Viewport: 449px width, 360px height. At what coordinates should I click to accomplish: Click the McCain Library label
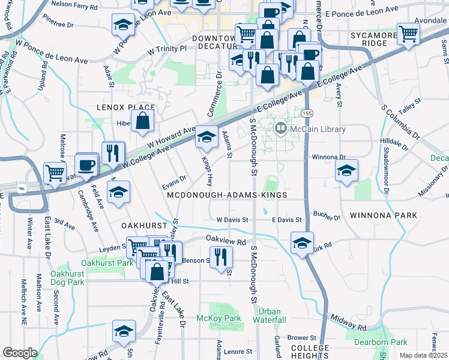[318, 129]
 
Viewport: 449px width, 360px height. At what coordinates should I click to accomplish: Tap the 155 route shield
[307, 113]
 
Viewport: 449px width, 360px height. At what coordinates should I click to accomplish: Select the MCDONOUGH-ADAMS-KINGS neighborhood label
[227, 196]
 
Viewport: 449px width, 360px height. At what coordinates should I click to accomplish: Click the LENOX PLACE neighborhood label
[125, 107]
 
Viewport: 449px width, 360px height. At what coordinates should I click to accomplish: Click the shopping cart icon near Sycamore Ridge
[408, 34]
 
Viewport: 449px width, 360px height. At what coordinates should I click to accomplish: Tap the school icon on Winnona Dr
[346, 171]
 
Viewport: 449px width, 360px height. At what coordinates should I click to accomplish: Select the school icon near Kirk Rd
[302, 243]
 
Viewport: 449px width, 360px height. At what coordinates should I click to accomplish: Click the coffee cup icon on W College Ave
[87, 166]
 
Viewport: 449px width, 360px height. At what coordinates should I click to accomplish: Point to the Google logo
[20, 353]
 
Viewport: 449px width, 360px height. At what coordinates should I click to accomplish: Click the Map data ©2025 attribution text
[423, 355]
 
